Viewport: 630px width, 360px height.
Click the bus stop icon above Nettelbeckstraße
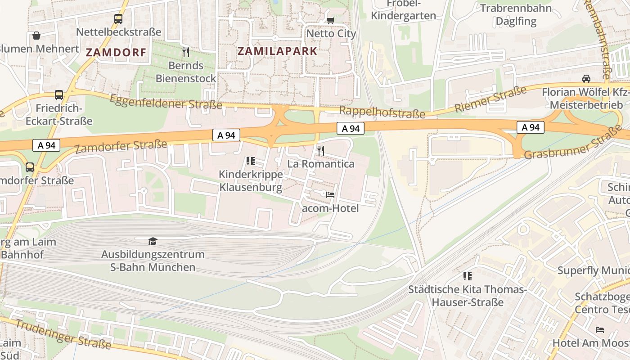(118, 19)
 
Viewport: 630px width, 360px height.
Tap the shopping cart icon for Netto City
(331, 20)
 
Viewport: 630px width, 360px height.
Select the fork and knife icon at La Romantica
(321, 150)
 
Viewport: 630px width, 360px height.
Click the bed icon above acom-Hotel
(330, 195)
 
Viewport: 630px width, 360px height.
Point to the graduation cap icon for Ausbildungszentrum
(153, 242)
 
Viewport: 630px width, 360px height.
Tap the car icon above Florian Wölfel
(586, 79)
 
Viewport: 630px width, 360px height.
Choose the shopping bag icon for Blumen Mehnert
(36, 36)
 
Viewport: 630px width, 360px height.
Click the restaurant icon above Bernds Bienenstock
(186, 52)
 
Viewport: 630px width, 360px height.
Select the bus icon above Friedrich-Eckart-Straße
(59, 95)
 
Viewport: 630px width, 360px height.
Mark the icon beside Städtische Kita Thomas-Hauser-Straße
(468, 276)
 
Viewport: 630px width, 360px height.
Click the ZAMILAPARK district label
(278, 51)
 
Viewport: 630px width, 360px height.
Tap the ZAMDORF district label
(116, 53)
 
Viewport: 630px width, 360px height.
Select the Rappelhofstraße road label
(382, 112)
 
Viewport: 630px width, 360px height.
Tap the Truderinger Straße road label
(63, 334)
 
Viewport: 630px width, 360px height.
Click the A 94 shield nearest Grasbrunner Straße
(531, 127)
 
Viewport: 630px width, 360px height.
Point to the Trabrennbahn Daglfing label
(516, 14)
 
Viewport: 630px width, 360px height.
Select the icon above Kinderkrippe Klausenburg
(251, 161)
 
